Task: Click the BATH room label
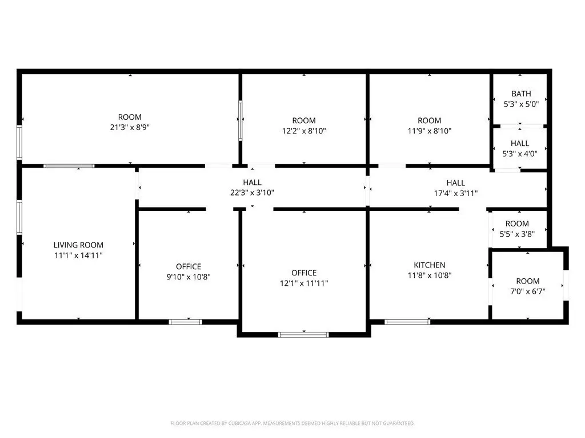click(x=521, y=94)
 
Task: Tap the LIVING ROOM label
click(x=78, y=245)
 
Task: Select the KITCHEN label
click(x=430, y=265)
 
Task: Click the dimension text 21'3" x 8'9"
click(x=130, y=127)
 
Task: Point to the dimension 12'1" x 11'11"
click(x=304, y=283)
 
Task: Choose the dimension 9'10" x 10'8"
click(x=189, y=277)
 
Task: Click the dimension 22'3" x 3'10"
click(x=252, y=193)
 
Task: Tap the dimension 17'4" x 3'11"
click(x=455, y=193)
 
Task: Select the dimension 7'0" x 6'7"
click(x=527, y=291)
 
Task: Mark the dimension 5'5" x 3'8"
click(x=517, y=234)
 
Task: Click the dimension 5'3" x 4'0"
click(x=520, y=154)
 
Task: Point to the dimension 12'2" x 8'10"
click(x=304, y=131)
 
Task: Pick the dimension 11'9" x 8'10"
click(x=430, y=131)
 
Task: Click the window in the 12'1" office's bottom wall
click(x=304, y=335)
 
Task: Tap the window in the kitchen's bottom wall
click(x=407, y=322)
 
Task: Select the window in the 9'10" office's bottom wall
click(x=186, y=322)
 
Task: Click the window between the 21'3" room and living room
click(x=69, y=166)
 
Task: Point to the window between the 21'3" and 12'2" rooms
click(x=241, y=120)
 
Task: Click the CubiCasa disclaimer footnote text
click(x=292, y=424)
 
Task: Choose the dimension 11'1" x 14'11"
click(x=78, y=255)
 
